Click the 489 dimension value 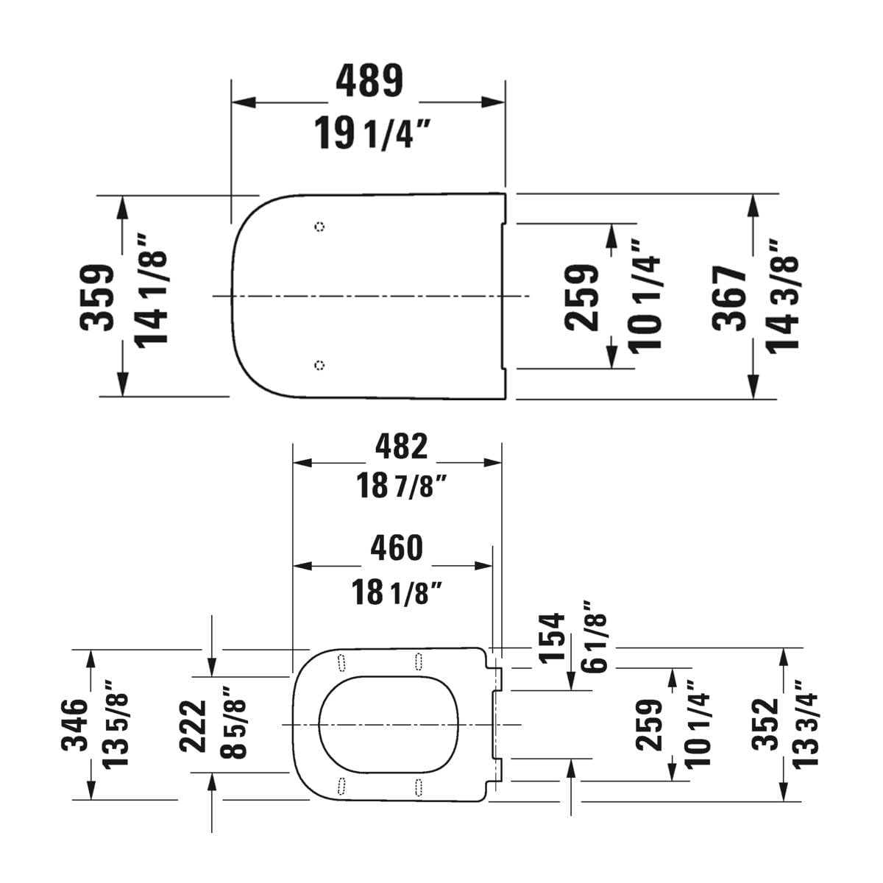[x=369, y=81]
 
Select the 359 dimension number [x=97, y=297]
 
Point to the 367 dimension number [x=729, y=298]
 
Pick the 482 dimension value [x=401, y=447]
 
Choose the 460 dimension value [x=397, y=548]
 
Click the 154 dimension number [x=551, y=637]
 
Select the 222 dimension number [x=193, y=726]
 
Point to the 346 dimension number [x=74, y=726]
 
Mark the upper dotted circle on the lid [x=320, y=227]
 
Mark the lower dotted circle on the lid [x=320, y=365]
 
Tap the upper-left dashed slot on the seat [x=341, y=662]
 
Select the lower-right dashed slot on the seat [x=419, y=787]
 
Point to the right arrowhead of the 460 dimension [x=483, y=566]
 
